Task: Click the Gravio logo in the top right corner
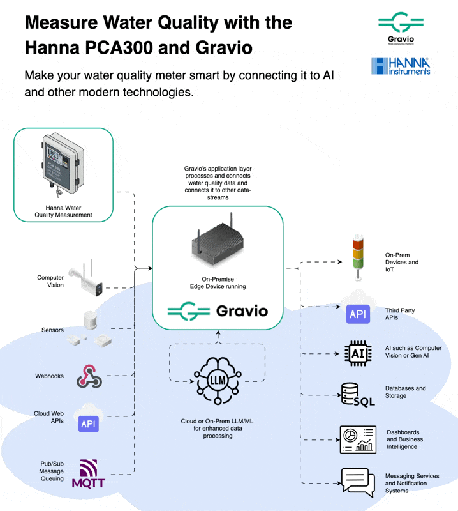(x=400, y=28)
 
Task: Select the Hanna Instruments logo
(x=401, y=66)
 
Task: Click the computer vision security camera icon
(x=90, y=278)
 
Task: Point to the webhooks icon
(x=89, y=376)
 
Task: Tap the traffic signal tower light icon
(x=357, y=258)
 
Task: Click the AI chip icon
(x=357, y=353)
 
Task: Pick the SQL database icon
(x=357, y=394)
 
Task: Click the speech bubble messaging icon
(x=357, y=482)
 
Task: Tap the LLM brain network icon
(x=218, y=382)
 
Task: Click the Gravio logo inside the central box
(x=218, y=312)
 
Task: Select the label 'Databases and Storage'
(x=405, y=392)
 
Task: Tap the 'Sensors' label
(x=52, y=330)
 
